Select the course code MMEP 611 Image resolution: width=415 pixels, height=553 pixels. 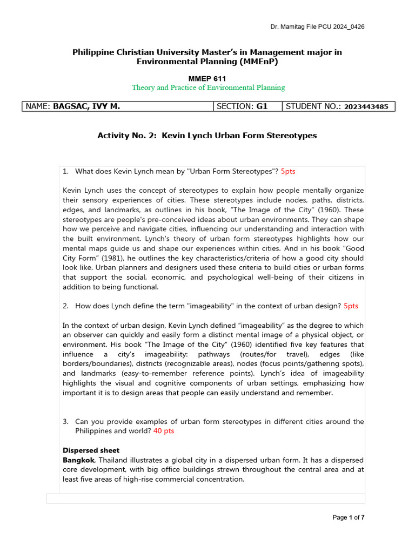pyautogui.click(x=207, y=78)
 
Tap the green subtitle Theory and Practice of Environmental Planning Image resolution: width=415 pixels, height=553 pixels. pyautogui.click(x=208, y=87)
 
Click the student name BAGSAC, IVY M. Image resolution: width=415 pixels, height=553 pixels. pyautogui.click(x=86, y=106)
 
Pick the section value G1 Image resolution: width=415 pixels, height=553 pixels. pyautogui.click(x=262, y=106)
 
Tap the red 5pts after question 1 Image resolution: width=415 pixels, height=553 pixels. pyautogui.click(x=288, y=171)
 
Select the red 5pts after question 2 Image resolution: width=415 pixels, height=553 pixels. pyautogui.click(x=351, y=306)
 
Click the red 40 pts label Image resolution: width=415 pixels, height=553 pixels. pyautogui.click(x=164, y=431)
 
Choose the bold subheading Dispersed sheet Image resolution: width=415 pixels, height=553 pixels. pyautogui.click(x=91, y=450)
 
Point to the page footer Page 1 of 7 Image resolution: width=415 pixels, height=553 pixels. pyautogui.click(x=348, y=517)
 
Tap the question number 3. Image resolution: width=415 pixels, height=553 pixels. pyautogui.click(x=65, y=421)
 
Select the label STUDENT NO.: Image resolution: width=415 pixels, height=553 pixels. pyautogui.click(x=313, y=106)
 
